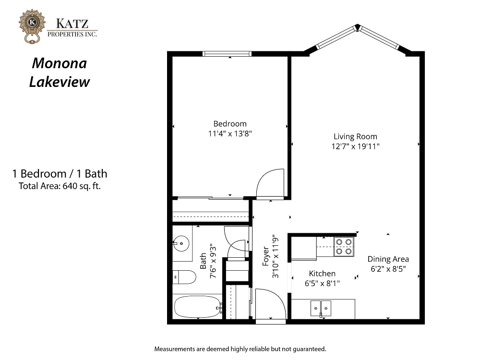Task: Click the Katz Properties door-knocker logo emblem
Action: [x=32, y=26]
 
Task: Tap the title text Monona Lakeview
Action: [x=60, y=72]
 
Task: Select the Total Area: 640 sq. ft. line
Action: [x=60, y=186]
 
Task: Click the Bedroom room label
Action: [x=230, y=124]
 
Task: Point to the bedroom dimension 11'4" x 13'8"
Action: [x=230, y=133]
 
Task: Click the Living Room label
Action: [x=355, y=136]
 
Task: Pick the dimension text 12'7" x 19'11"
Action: [x=355, y=146]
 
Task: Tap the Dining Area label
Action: [x=388, y=259]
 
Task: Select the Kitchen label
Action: [x=322, y=274]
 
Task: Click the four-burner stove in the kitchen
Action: [x=344, y=247]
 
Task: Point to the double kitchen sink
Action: [x=321, y=308]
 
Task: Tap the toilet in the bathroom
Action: [x=184, y=277]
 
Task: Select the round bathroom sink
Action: [x=181, y=243]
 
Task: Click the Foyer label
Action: [x=266, y=256]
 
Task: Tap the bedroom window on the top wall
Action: [x=227, y=54]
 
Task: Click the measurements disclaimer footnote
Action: [x=240, y=349]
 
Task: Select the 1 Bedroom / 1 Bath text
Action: [x=60, y=174]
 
